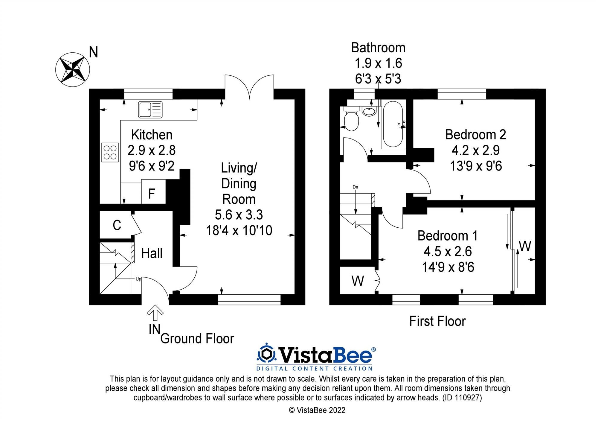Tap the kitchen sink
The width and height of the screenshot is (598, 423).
point(150,109)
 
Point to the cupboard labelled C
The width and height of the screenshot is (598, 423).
point(117,225)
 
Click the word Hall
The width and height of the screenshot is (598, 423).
point(152,253)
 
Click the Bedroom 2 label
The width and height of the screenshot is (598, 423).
point(475,135)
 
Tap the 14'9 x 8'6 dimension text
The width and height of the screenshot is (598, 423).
point(448,267)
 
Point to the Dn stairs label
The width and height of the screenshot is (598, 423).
point(355,187)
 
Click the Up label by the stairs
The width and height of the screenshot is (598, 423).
point(138,279)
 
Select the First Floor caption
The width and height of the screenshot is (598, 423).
point(437,322)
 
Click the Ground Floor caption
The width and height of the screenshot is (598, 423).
point(197,339)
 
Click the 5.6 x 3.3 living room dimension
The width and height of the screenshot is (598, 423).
point(239,215)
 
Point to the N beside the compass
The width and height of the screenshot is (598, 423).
point(94,52)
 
